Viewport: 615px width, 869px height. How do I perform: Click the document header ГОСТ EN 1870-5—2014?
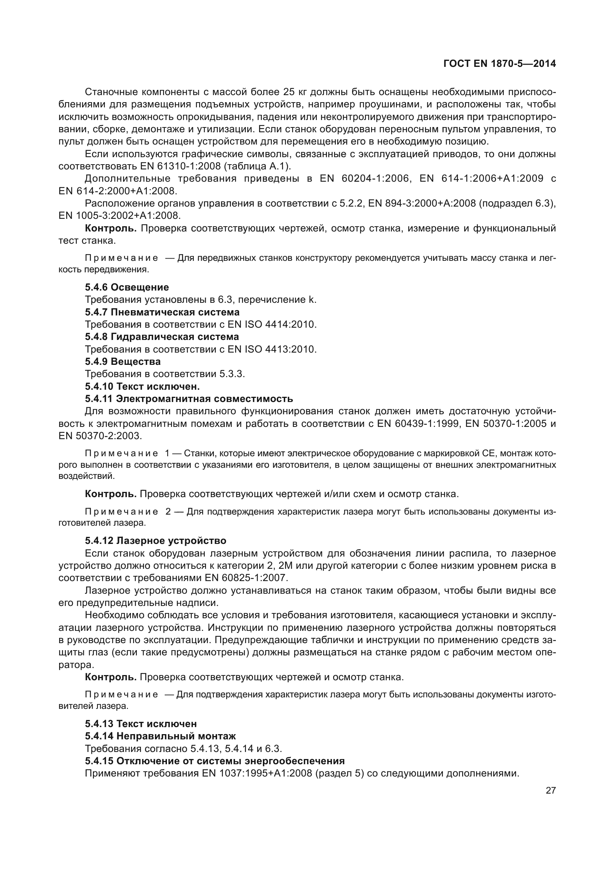499,64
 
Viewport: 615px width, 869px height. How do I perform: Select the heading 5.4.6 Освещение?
127,287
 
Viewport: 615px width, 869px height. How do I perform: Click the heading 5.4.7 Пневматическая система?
162,312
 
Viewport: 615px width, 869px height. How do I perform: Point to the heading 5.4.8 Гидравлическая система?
162,337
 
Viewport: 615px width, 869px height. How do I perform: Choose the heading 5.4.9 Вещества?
123,361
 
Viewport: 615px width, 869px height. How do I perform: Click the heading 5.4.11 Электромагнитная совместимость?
189,399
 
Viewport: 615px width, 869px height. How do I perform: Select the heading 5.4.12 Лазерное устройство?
155,541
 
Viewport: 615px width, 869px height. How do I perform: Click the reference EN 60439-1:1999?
418,424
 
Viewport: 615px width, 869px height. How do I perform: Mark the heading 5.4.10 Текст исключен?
142,386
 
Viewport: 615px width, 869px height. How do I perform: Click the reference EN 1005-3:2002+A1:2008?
120,215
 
